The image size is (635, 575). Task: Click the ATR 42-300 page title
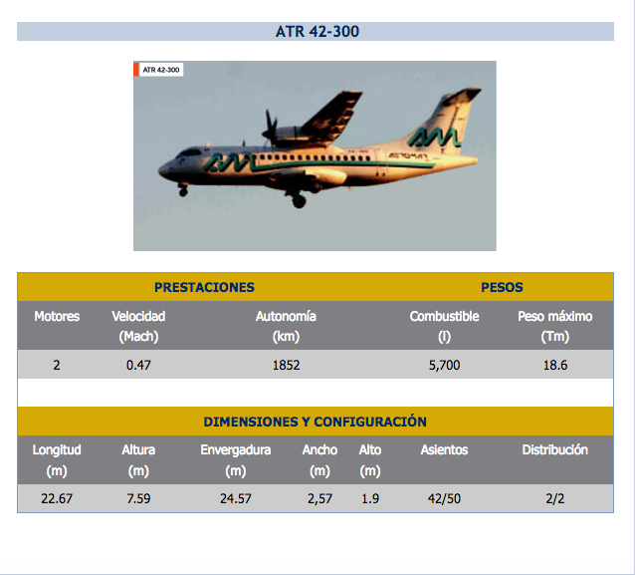coord(317,32)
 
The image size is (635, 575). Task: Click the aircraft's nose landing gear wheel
coord(183,191)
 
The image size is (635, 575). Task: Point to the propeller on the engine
coord(270,129)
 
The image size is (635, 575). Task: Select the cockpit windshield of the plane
coord(188,152)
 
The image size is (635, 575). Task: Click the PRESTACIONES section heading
coord(204,287)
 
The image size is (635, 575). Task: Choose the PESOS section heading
coord(502,287)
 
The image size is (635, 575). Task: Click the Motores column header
coord(57,316)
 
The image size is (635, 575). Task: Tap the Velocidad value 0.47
coord(138,365)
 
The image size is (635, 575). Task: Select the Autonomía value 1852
coord(286,365)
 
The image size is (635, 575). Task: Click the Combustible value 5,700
coord(444,365)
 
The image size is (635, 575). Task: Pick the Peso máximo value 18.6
coord(555,365)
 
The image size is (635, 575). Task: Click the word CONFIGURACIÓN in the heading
coord(370,422)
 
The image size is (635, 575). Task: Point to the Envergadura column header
coord(236,450)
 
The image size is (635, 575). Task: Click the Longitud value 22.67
coord(57,498)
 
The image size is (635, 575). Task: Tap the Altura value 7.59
coord(138,498)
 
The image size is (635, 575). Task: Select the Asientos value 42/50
coord(444,498)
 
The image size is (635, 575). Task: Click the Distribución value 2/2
coord(555,498)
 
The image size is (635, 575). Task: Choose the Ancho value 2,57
coord(319,498)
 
